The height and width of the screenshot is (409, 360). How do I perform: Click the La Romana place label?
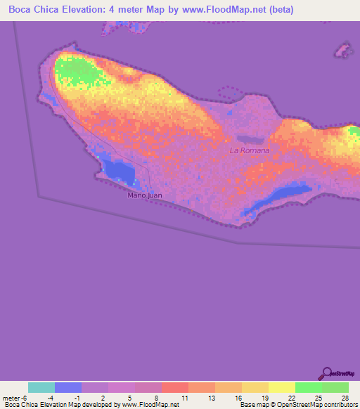coord(250,151)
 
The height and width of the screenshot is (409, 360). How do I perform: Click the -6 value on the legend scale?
coord(26,398)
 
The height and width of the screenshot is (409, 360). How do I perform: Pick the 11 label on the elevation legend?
coord(184,398)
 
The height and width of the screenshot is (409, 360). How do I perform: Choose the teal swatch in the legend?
coord(41,387)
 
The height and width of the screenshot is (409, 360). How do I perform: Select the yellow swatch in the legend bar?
coord(282,387)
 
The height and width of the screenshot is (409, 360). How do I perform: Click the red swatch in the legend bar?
coord(175,387)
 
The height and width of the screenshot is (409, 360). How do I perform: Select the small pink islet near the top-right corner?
coord(343,50)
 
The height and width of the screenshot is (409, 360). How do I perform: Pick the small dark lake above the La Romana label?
coord(249,139)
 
